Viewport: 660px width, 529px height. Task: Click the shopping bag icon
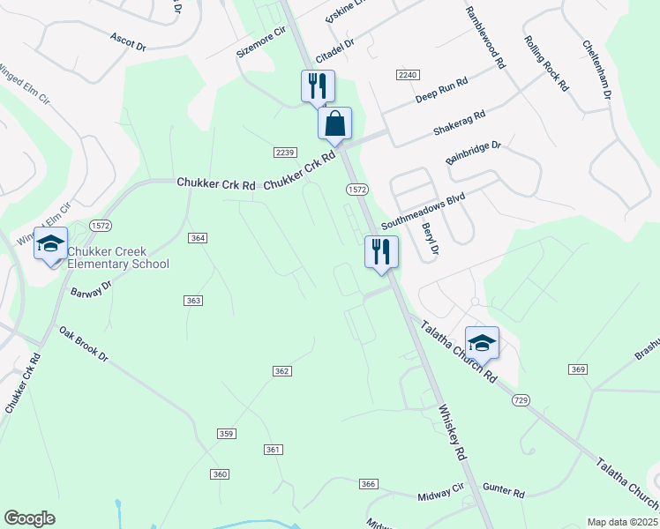tap(335, 123)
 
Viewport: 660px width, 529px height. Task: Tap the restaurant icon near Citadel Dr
tap(318, 86)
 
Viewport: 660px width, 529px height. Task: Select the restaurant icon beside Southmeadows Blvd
tap(381, 251)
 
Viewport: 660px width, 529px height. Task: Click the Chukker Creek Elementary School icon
tap(50, 243)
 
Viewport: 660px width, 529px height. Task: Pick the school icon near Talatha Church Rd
tap(482, 343)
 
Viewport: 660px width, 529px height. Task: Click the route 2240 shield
tap(407, 76)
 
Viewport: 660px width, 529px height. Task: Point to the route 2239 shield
tap(283, 153)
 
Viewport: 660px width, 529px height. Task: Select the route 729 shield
tap(521, 400)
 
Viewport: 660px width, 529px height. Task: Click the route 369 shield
tap(578, 369)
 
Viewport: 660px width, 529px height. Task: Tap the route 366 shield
tap(369, 484)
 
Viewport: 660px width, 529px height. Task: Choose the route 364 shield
tap(198, 238)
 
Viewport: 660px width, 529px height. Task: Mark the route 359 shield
tap(227, 433)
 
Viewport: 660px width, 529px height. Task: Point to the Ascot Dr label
tap(128, 41)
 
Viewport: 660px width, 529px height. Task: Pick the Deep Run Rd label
tap(441, 90)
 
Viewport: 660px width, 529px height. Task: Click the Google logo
tap(30, 518)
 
